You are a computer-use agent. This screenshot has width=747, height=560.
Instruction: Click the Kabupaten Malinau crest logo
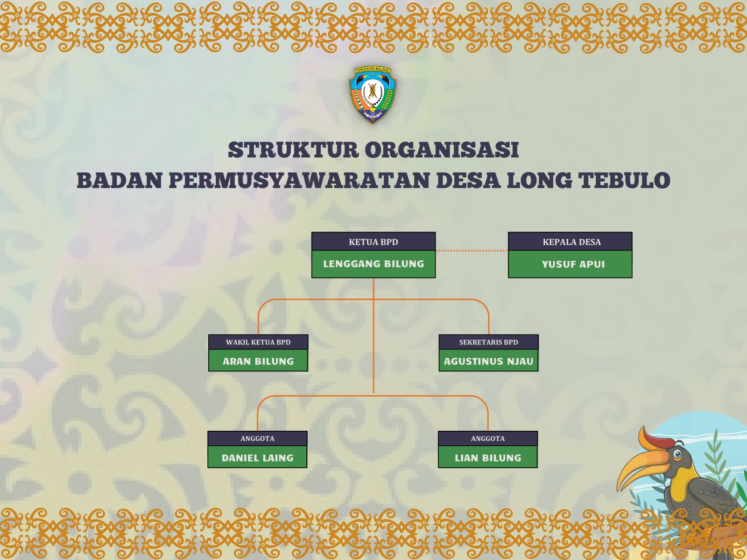tap(373, 95)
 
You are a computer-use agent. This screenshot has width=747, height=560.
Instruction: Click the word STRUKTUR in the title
tap(293, 150)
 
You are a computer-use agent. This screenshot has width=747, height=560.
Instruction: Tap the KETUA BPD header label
tap(373, 242)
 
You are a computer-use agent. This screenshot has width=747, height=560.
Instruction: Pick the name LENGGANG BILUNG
tap(373, 264)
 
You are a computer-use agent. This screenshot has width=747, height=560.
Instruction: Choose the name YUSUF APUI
tap(573, 264)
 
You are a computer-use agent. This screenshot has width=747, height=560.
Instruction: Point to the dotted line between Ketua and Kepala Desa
tap(472, 251)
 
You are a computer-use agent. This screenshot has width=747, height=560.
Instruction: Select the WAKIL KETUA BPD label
tap(258, 342)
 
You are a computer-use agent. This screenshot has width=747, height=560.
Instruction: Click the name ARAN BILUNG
tap(258, 361)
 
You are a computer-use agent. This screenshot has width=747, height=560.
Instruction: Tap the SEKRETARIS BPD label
tap(488, 342)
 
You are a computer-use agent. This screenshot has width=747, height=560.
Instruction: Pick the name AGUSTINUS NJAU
tap(488, 361)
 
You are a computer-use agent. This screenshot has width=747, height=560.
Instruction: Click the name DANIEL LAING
tap(257, 458)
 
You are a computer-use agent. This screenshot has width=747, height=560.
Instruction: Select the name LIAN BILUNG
tap(488, 458)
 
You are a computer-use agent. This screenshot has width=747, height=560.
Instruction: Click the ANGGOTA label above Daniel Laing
tap(257, 439)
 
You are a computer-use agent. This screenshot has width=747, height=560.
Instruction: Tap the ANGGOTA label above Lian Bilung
tap(488, 439)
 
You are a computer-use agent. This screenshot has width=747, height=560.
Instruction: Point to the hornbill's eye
tap(677, 454)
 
